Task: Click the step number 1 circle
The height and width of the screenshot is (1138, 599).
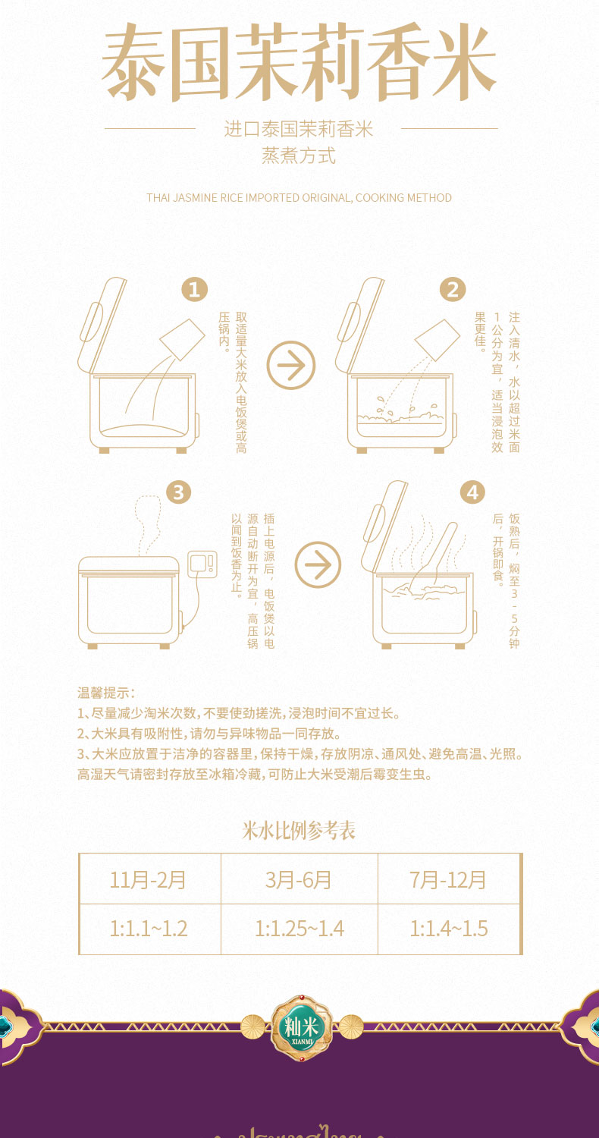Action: click(x=194, y=289)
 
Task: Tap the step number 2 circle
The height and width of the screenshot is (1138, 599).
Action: click(x=453, y=289)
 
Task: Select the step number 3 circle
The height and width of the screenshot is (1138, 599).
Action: click(x=178, y=492)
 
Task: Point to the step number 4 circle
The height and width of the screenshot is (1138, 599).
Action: click(x=472, y=492)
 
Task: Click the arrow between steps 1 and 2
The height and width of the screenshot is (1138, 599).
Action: click(x=291, y=366)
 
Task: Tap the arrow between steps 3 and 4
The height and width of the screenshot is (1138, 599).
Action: click(x=318, y=564)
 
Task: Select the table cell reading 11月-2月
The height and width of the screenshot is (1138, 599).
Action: click(x=149, y=879)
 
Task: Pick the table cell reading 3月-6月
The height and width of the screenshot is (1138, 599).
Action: click(x=299, y=879)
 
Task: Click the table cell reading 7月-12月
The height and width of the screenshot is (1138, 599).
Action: click(x=448, y=879)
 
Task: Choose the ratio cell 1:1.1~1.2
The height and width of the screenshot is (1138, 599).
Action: click(x=149, y=929)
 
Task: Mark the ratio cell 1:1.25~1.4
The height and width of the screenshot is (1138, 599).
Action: click(x=299, y=929)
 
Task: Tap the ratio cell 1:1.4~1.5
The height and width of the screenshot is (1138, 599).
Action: click(x=448, y=929)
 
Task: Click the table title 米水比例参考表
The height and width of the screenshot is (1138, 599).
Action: click(x=299, y=830)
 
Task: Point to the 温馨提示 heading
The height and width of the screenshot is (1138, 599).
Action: click(x=105, y=693)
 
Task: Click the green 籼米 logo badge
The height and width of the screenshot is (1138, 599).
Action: click(x=302, y=1028)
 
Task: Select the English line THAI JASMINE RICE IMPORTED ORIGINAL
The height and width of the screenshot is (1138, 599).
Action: click(x=299, y=198)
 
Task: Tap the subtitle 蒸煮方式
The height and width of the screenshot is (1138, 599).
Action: click(x=299, y=156)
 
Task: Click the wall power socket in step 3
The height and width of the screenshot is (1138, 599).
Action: click(x=202, y=563)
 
